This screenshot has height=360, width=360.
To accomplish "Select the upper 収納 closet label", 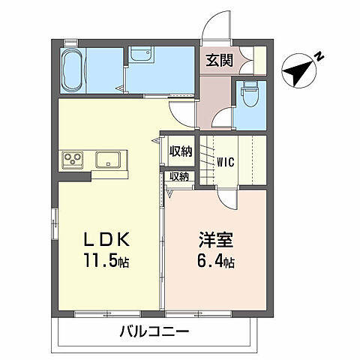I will click(180, 151).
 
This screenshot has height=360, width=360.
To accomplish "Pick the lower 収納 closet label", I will click(178, 177).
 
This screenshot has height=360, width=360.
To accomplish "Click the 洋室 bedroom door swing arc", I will click(229, 196).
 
